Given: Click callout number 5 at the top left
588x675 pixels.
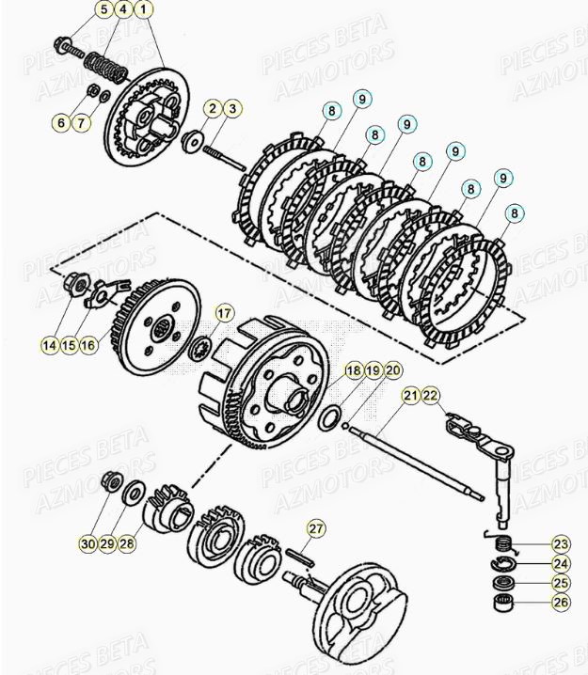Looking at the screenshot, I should pos(102,10).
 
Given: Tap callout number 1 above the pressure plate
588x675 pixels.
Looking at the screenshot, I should pos(143,10).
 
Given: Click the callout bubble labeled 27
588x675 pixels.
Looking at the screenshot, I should pos(315,529).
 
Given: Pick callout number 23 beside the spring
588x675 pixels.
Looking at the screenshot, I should pos(560,545).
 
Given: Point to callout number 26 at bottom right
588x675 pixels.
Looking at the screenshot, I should pos(560,603).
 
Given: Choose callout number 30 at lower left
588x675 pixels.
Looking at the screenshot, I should pos(87,542).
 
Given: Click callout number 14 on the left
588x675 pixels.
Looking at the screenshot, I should pos(49,345).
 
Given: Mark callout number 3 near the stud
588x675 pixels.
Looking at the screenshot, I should pos(231,109).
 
